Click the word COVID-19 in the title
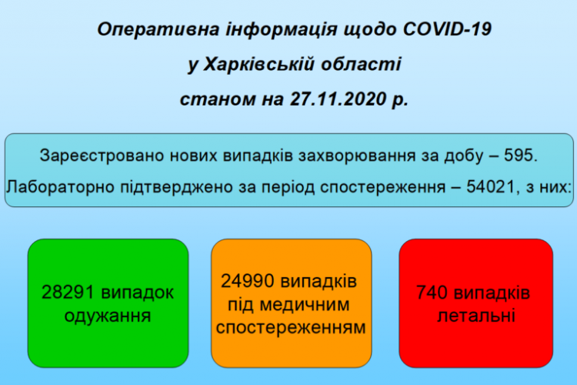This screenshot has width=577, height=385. point(447,28)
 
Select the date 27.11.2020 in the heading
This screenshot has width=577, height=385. point(339,99)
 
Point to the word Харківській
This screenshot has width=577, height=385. point(258,64)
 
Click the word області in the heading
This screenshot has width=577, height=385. point(361,64)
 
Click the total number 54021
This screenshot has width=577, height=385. point(490,187)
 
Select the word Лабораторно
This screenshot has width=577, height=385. point(60,187)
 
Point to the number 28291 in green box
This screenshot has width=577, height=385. point(68,293)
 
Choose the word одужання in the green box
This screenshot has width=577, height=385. point(108,316)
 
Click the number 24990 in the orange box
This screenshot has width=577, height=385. point(248,281)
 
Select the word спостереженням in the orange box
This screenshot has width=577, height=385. point(291,327)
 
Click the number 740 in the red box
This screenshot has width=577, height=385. point(432,293)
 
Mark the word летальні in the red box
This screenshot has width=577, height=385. point(476,316)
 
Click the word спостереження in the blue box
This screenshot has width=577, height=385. point(382,187)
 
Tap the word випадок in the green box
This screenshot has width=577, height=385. point(138,293)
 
